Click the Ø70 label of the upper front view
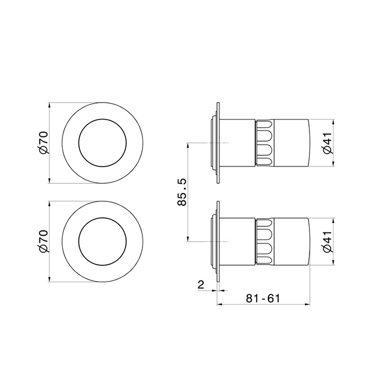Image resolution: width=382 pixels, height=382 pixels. [x=44, y=142]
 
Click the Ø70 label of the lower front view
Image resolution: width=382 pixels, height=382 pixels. [x=44, y=241]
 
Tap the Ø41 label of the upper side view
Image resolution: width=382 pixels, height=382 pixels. [x=327, y=143]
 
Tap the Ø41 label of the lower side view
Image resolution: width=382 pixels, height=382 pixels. [x=327, y=242]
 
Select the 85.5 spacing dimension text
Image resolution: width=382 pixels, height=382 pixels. [x=182, y=192]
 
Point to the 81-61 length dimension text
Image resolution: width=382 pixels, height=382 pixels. [x=263, y=298]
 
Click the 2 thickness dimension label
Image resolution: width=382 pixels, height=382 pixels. [x=201, y=284]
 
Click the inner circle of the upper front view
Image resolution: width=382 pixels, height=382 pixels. [x=103, y=119]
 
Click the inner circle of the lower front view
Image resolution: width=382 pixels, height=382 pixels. [x=103, y=218]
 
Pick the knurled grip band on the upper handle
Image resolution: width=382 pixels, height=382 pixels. [x=265, y=143]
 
